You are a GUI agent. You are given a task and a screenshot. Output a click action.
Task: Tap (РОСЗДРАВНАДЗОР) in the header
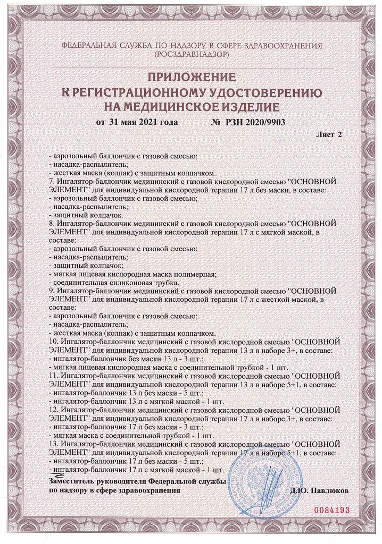191,55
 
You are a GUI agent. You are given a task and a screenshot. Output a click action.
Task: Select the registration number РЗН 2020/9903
248,122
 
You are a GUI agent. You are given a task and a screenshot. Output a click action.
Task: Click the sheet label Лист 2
329,135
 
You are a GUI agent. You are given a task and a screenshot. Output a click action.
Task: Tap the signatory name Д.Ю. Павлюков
320,491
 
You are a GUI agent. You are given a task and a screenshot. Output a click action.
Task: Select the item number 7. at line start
51,181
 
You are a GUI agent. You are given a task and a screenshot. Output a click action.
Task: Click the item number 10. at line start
53,341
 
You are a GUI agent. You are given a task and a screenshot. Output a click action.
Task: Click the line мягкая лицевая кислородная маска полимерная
132,274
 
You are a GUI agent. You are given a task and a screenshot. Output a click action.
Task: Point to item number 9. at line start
51,291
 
